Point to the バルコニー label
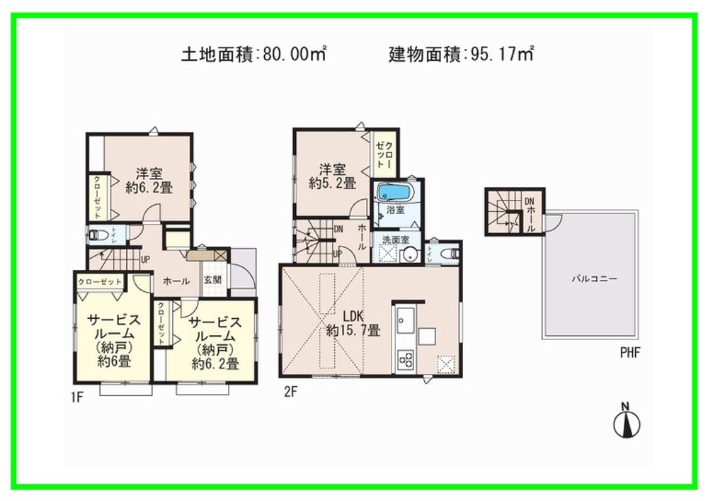click(594, 279)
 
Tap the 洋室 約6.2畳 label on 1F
click(149, 180)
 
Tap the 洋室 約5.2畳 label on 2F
click(331, 176)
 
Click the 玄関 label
click(212, 280)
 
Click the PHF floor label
click(630, 353)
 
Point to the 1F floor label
click(77, 398)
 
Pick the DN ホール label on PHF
click(530, 211)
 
